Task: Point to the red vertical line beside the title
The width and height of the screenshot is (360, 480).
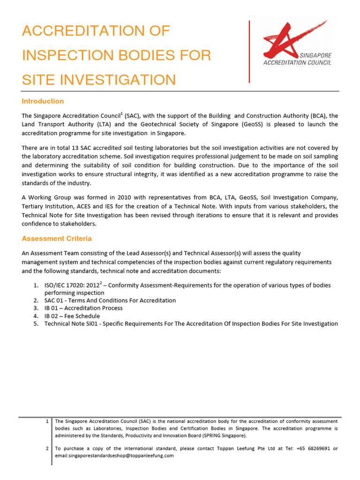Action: (x=249, y=52)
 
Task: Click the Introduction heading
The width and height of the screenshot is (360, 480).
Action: (x=43, y=101)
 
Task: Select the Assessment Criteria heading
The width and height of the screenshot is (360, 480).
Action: (x=57, y=239)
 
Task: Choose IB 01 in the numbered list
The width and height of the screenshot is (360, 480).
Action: (x=52, y=308)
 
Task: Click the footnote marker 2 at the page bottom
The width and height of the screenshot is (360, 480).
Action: (x=47, y=449)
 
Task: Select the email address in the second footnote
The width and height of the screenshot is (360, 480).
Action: (x=114, y=456)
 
